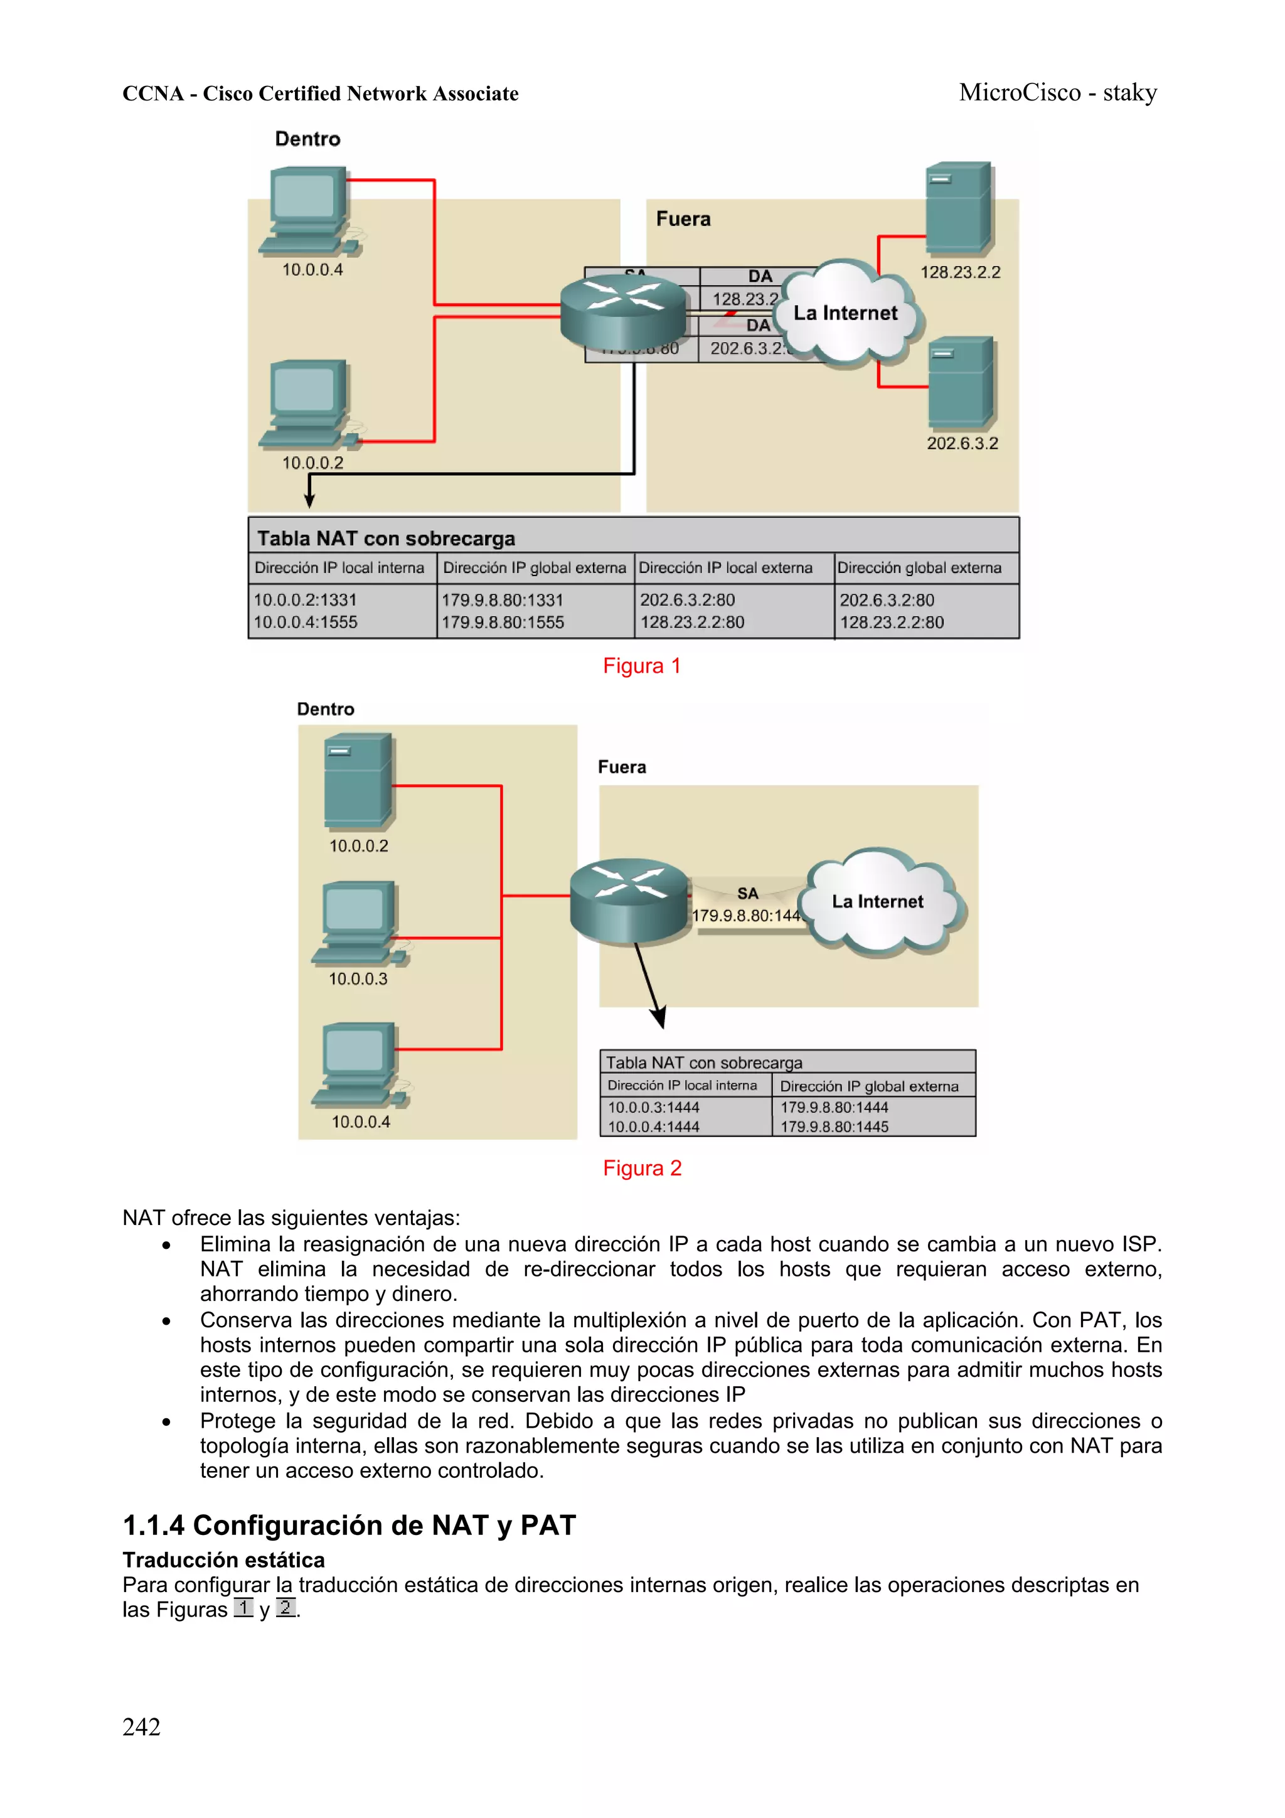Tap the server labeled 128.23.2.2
point(959,208)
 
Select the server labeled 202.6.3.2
point(961,382)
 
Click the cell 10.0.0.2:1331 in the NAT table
point(305,600)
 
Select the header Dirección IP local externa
point(725,568)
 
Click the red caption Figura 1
point(641,666)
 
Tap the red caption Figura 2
point(641,1168)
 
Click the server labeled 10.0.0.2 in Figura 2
point(358,781)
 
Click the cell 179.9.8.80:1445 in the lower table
point(834,1126)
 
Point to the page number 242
point(141,1727)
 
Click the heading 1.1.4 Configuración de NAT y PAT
point(349,1525)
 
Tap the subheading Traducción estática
point(223,1560)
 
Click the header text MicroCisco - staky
point(1057,93)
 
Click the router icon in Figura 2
point(629,901)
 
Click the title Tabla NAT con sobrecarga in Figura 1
point(386,538)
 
